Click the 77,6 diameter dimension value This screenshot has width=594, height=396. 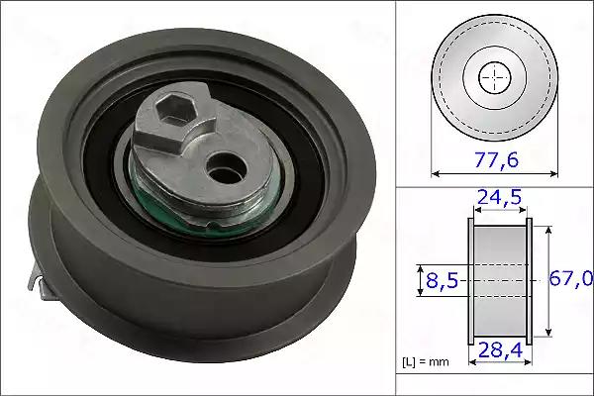[496, 160]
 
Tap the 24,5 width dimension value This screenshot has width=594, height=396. [500, 197]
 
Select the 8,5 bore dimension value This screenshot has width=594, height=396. [443, 281]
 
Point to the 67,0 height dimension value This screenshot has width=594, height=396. [571, 279]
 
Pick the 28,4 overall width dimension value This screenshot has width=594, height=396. [500, 350]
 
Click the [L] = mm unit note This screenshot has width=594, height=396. [426, 362]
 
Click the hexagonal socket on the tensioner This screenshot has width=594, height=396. [175, 109]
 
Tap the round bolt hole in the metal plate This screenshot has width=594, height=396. [227, 168]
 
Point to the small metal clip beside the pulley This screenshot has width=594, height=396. [41, 281]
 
